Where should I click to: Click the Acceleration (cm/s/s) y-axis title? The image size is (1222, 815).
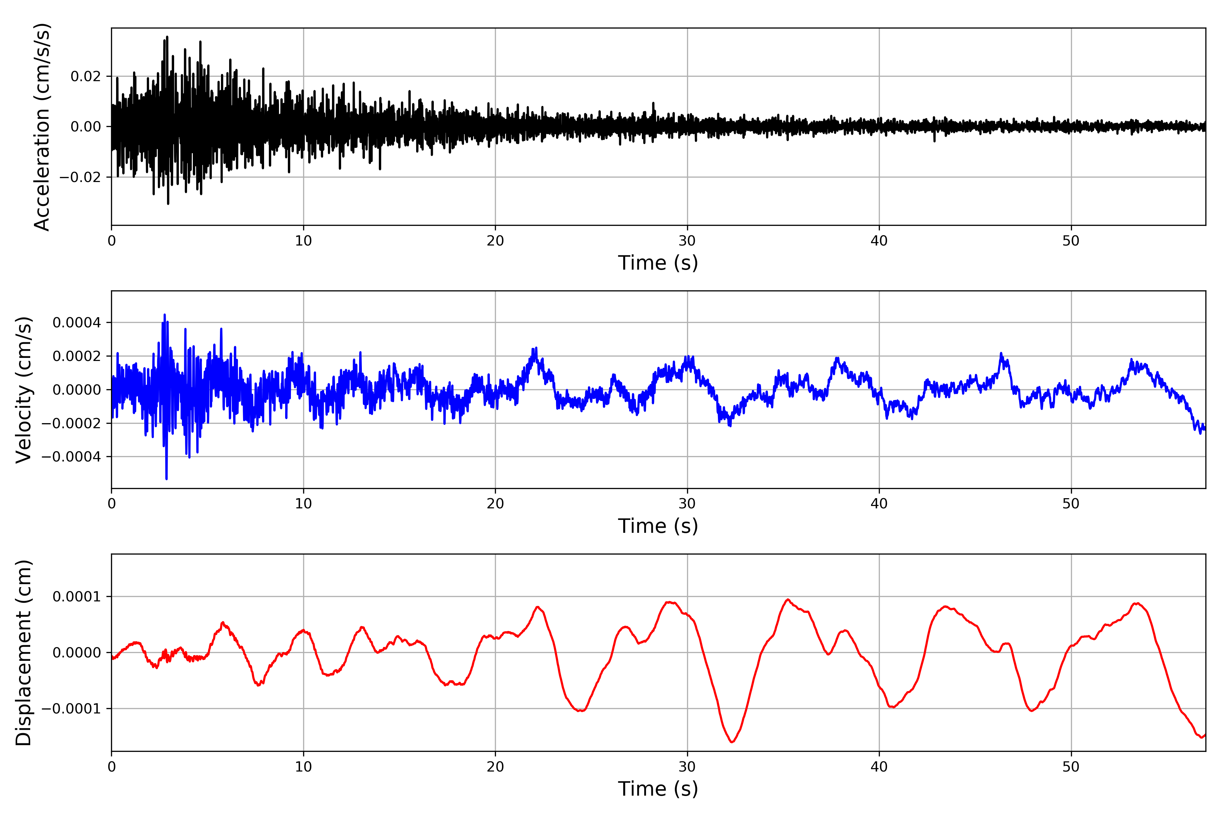click(41, 127)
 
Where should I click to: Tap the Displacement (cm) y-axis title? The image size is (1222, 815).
click(23, 653)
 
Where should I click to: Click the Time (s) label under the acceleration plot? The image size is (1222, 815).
click(658, 263)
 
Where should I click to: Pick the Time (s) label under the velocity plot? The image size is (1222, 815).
click(658, 526)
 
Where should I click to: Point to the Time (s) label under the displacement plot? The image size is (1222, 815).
click(658, 789)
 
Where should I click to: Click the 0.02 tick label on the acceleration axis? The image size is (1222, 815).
click(86, 76)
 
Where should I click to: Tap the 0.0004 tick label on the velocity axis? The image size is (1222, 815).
click(76, 323)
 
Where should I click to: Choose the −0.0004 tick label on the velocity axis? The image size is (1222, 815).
click(71, 457)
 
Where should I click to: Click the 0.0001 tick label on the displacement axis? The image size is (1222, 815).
click(76, 597)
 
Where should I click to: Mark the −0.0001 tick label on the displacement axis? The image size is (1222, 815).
click(71, 709)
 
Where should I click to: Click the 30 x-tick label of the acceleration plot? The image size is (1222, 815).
click(687, 241)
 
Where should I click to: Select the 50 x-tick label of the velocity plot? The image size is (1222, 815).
click(1071, 504)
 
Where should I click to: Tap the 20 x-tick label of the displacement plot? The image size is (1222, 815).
click(495, 767)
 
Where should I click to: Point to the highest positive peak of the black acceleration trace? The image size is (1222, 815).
click(167, 37)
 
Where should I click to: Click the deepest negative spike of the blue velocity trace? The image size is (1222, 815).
click(166, 478)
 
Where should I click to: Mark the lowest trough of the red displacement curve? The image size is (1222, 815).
click(732, 742)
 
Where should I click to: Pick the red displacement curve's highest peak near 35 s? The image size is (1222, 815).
click(788, 600)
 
